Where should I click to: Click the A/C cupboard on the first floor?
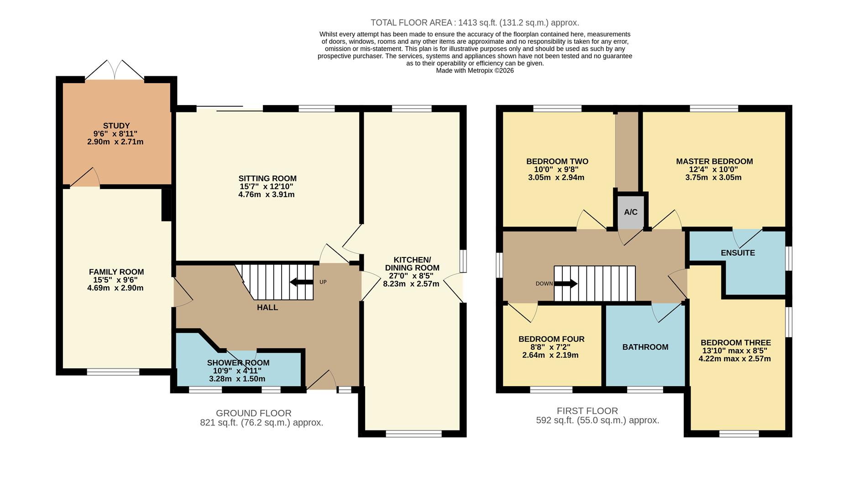[x=631, y=212]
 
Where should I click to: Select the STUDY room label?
[x=116, y=126]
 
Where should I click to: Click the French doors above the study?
[x=115, y=70]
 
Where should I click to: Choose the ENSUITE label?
[x=738, y=253]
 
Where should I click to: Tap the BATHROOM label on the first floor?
[x=645, y=347]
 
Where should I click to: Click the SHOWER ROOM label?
[x=238, y=363]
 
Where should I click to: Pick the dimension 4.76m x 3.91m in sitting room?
[x=267, y=194]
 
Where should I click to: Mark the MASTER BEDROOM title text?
[x=714, y=161]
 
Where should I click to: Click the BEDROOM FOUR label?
[x=551, y=339]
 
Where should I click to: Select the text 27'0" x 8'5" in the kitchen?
[x=411, y=276]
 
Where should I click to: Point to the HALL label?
[x=267, y=308]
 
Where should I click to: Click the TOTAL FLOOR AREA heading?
[x=475, y=22]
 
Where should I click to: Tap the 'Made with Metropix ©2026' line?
[x=475, y=71]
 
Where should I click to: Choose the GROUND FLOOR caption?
[x=254, y=413]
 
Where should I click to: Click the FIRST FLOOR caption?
[x=587, y=411]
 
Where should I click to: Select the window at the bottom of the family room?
[x=113, y=372]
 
